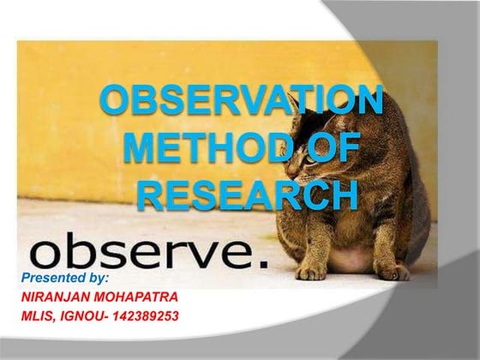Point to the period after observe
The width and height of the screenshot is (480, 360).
[x=262, y=260]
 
